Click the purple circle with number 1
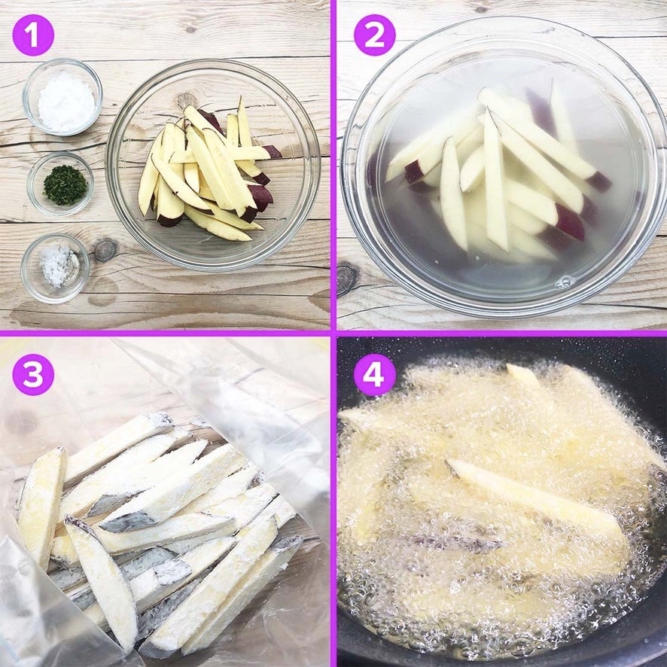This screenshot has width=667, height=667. (33, 35)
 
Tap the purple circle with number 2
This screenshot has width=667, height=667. (374, 35)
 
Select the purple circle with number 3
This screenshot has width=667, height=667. (33, 375)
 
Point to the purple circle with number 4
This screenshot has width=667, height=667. (374, 375)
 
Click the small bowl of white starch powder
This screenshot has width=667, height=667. (62, 97)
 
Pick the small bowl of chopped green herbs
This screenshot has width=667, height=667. (60, 184)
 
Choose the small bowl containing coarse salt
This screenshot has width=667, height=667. (55, 268)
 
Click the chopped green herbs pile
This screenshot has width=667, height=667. (65, 185)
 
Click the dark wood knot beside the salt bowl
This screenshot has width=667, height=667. (105, 250)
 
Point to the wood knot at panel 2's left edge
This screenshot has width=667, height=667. (347, 279)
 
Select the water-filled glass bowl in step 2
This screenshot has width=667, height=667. (502, 166)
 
